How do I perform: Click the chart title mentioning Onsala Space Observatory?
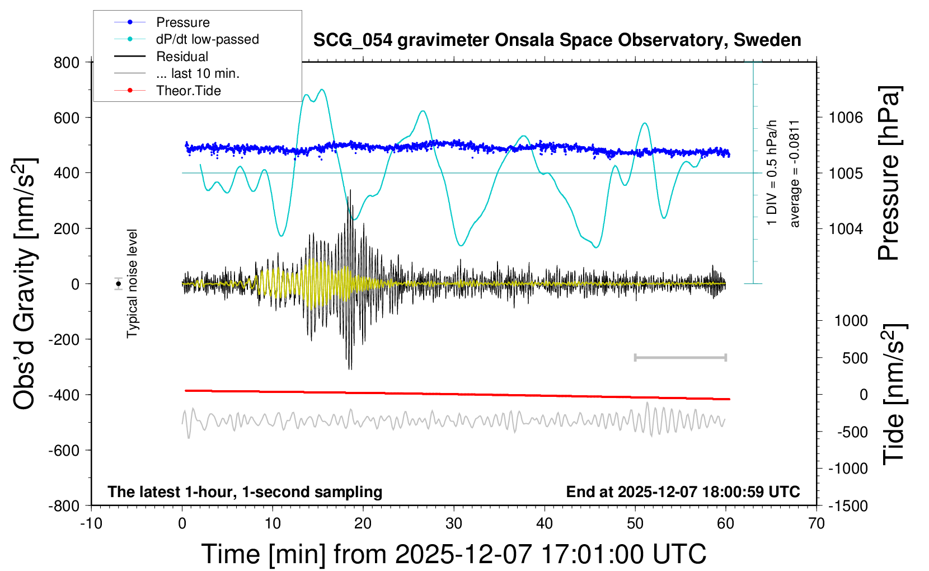557,40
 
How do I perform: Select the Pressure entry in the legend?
182,22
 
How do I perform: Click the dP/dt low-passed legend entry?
207,39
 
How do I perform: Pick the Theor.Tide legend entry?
188,91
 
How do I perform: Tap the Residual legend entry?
182,57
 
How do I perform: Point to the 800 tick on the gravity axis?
67,62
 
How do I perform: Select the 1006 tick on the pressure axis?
846,118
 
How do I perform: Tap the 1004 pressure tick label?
846,228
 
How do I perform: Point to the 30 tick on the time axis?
454,524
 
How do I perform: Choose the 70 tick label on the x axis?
817,524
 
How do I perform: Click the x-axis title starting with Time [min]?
454,554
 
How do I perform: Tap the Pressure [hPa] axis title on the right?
889,173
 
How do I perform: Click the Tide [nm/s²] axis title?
894,394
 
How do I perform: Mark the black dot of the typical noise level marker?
119,284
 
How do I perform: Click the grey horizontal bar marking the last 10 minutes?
681,357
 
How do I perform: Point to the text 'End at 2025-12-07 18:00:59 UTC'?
683,492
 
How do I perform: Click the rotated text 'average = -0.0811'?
794,174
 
